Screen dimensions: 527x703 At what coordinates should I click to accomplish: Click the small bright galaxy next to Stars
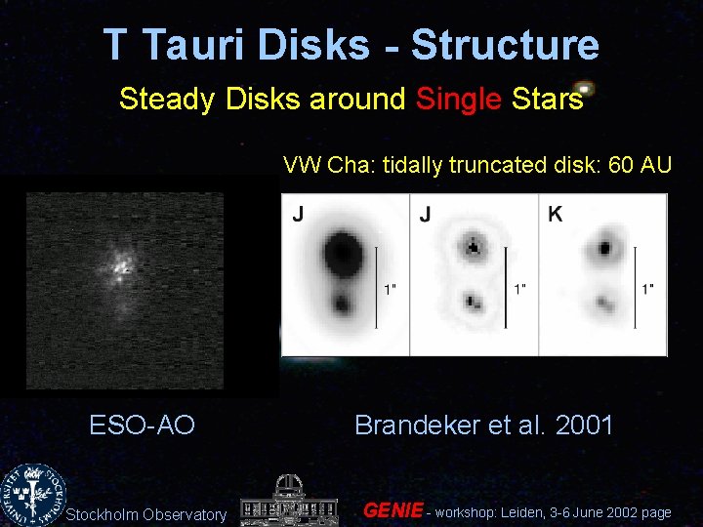pos(584,88)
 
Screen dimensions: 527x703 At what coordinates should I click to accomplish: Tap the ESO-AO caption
pos(142,426)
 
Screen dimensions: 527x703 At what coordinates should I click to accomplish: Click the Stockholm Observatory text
pos(145,514)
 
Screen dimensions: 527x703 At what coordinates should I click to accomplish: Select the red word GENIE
pos(393,510)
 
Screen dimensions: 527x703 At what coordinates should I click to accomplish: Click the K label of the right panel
pos(555,214)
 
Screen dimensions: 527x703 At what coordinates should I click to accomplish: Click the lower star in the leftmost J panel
pos(343,304)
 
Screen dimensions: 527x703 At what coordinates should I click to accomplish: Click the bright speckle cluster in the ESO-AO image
pos(122,263)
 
